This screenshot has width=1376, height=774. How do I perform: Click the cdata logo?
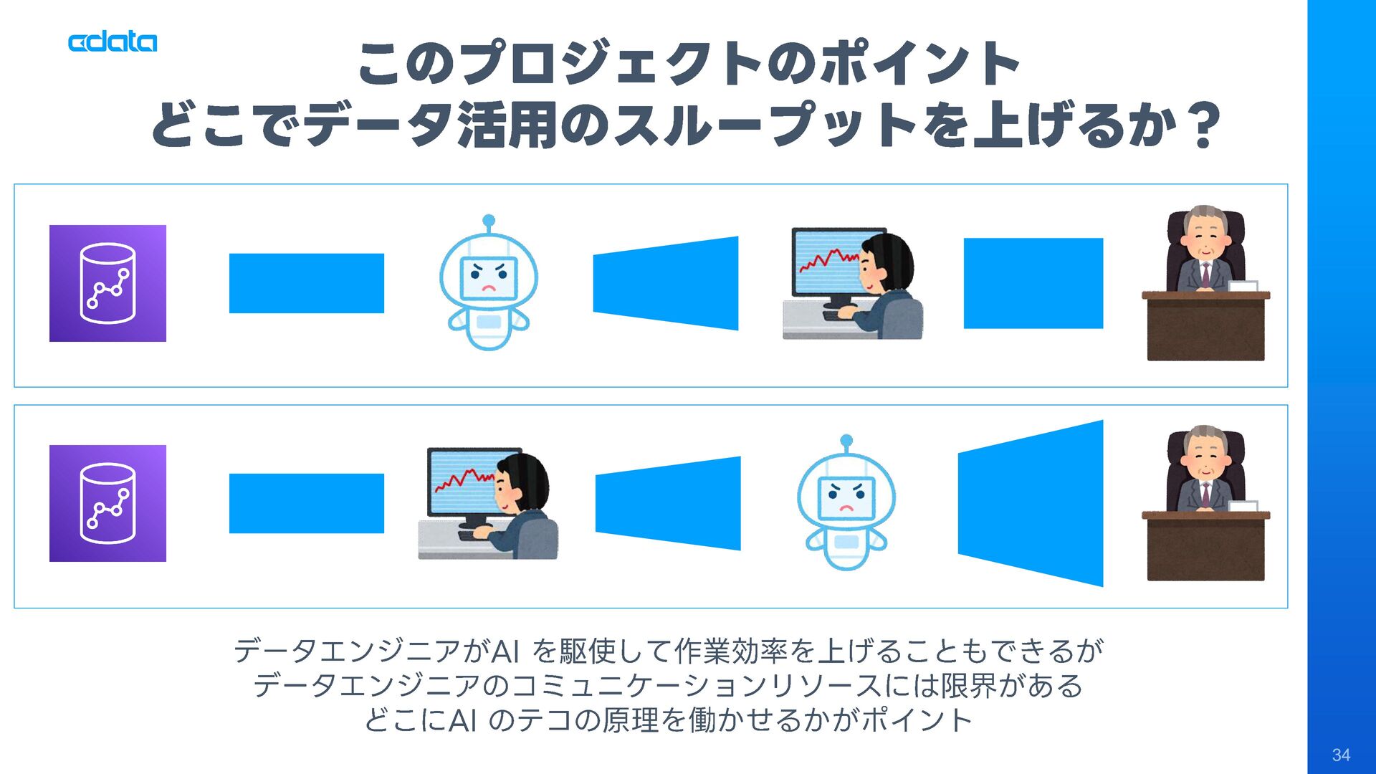click(x=113, y=42)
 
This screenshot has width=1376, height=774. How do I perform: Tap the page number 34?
click(x=1341, y=755)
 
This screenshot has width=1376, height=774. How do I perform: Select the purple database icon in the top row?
click(x=107, y=283)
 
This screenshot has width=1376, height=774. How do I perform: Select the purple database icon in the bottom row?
click(x=107, y=503)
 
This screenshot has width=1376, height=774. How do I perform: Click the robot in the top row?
click(x=488, y=287)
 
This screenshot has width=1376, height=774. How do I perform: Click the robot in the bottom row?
click(x=846, y=505)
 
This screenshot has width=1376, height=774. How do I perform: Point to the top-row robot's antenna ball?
click(x=489, y=220)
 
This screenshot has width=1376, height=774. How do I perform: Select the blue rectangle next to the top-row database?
click(x=306, y=283)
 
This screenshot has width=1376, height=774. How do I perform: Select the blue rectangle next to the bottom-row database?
click(x=306, y=503)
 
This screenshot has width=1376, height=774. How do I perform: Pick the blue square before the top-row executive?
click(x=1033, y=283)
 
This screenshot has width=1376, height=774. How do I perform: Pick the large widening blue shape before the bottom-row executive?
click(x=1032, y=503)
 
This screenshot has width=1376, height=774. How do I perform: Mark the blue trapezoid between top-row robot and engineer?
click(x=666, y=283)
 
